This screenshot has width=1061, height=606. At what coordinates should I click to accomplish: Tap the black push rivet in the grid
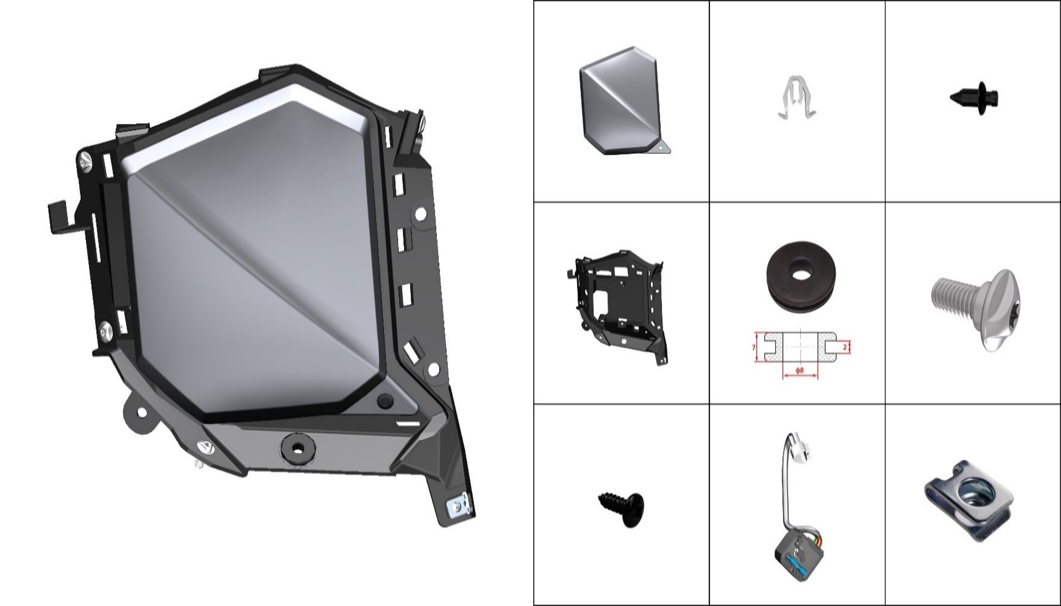974,97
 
